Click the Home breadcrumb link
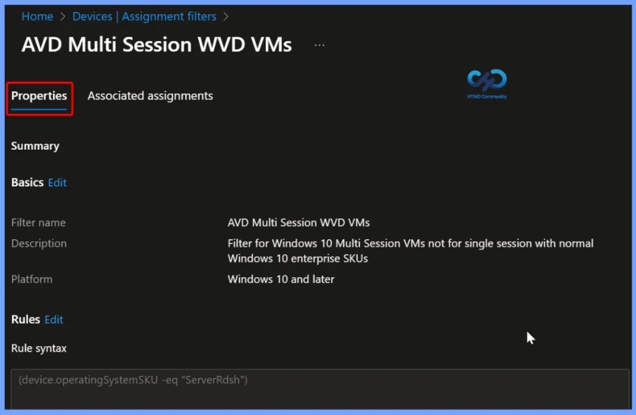[37, 17]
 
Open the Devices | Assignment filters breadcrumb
[144, 17]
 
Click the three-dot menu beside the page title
[320, 45]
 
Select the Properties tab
[39, 96]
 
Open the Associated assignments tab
[150, 96]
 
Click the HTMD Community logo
[487, 84]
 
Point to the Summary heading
[35, 146]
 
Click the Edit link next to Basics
[57, 183]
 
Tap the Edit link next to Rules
[54, 320]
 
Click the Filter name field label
[38, 222]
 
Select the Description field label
[39, 244]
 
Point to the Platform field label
[32, 279]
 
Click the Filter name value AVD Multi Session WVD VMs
[299, 222]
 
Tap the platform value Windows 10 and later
[281, 279]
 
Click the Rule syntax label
[39, 349]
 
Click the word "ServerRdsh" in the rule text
[214, 380]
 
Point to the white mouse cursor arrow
[530, 338]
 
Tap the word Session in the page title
[157, 44]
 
